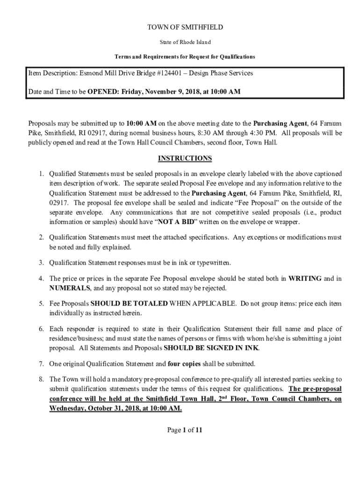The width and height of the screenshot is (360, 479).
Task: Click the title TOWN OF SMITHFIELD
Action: (185, 27)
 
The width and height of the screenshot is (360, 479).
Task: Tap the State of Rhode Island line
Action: (185, 43)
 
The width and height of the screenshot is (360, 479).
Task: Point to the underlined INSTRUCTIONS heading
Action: (185, 158)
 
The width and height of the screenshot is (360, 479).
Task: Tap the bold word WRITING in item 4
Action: (305, 278)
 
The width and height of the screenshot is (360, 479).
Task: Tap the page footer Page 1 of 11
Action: (185, 430)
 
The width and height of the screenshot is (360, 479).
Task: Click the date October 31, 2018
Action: (112, 408)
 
